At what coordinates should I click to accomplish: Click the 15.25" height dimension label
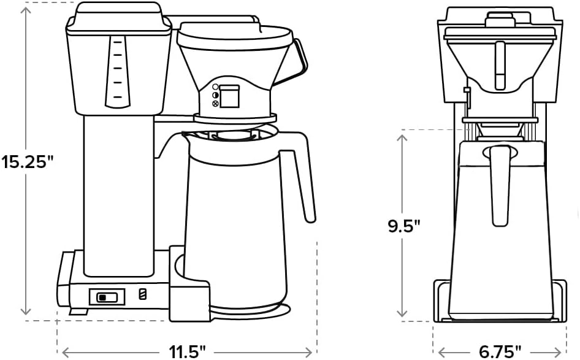(x=28, y=162)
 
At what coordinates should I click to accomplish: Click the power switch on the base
(x=107, y=297)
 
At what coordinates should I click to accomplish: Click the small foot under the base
(x=78, y=312)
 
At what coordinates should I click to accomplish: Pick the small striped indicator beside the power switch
(x=143, y=294)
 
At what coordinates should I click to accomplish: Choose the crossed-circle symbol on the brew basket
(x=215, y=104)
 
